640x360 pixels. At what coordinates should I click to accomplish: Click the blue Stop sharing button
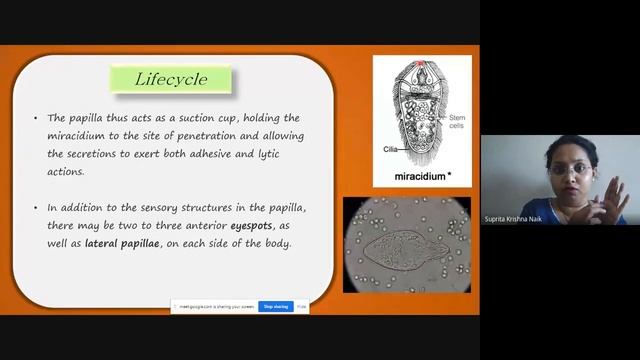(x=275, y=306)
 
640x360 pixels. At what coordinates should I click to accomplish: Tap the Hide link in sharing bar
(x=302, y=306)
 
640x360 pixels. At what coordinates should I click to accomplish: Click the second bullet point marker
(x=36, y=208)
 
